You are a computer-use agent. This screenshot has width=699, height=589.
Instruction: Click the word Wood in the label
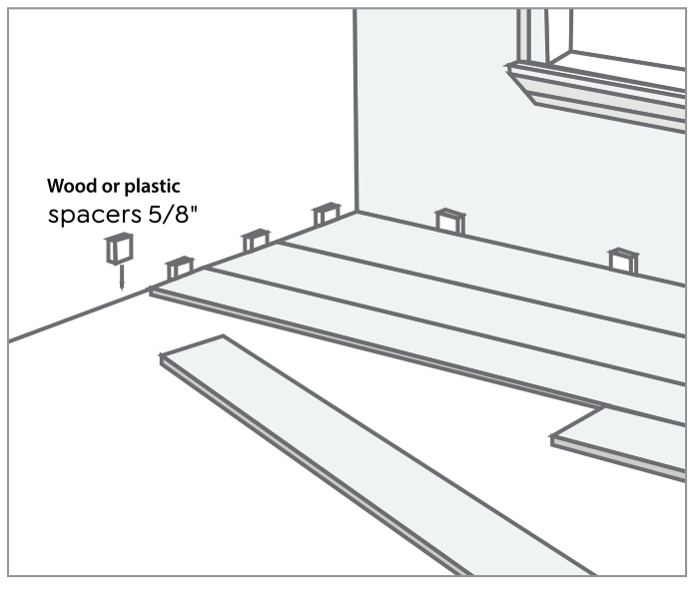pyautogui.click(x=67, y=186)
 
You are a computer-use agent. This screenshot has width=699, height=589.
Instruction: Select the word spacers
pyautogui.click(x=88, y=215)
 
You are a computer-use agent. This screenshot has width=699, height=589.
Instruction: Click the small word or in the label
pyautogui.click(x=103, y=187)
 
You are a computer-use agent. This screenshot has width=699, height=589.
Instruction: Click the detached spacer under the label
pyautogui.click(x=119, y=249)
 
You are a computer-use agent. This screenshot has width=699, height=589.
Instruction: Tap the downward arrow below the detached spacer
pyautogui.click(x=120, y=278)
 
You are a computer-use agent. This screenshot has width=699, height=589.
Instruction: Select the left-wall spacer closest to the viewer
pyautogui.click(x=181, y=268)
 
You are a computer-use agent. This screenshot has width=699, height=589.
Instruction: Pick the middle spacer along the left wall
pyautogui.click(x=256, y=240)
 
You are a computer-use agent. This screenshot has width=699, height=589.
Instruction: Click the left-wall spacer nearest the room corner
pyautogui.click(x=327, y=214)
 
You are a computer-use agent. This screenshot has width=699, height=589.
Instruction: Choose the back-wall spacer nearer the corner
pyautogui.click(x=449, y=220)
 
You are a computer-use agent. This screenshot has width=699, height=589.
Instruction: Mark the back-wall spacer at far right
pyautogui.click(x=624, y=260)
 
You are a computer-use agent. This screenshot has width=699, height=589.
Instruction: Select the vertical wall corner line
pyautogui.click(x=356, y=110)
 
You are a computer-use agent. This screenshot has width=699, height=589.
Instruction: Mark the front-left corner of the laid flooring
pyautogui.click(x=153, y=291)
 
